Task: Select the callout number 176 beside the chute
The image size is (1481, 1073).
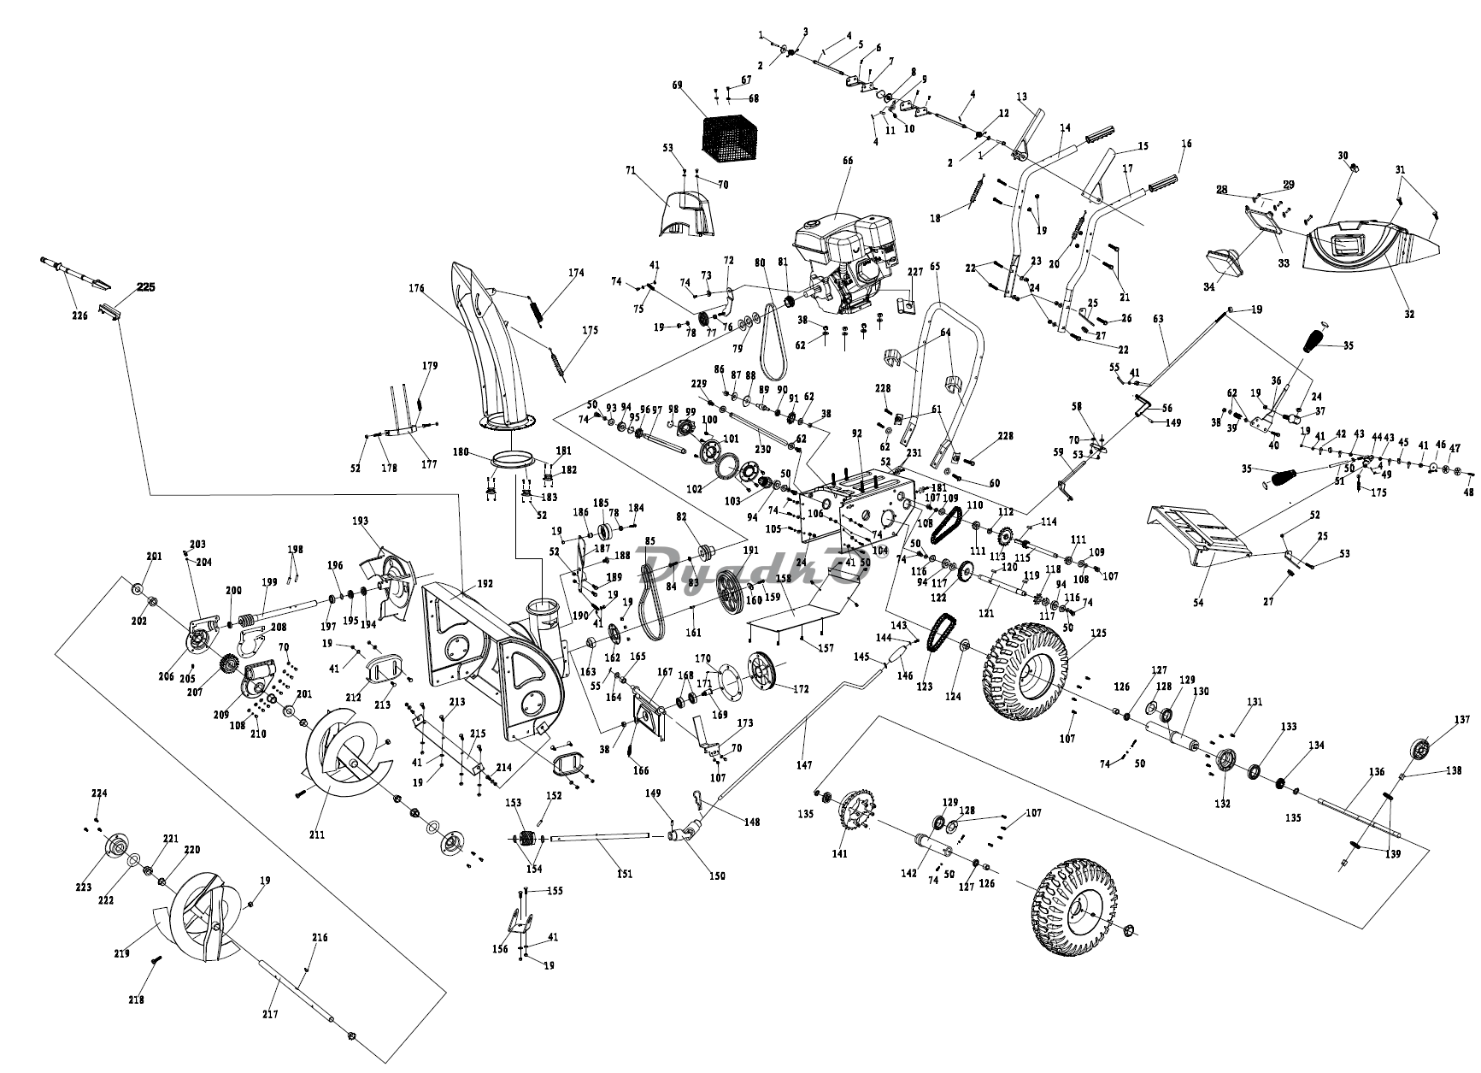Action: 416,288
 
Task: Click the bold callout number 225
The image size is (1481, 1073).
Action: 145,287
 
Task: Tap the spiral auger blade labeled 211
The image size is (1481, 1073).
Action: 342,752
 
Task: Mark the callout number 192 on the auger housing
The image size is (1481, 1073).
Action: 485,585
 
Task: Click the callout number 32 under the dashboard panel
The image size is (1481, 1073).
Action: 1409,314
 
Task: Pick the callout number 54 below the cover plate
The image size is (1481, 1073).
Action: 1198,603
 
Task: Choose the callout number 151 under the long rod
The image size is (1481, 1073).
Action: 625,873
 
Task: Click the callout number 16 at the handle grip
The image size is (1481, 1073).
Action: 1186,144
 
